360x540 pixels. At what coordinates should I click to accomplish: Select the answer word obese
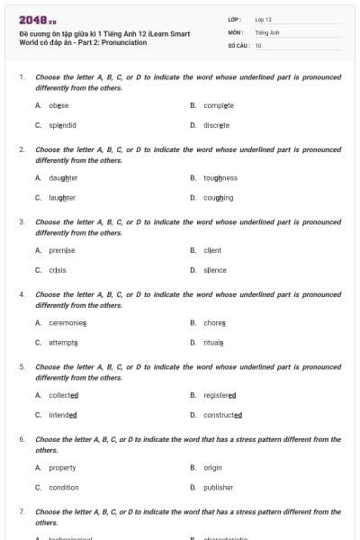click(59, 105)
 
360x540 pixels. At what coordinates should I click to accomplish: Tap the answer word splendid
click(62, 125)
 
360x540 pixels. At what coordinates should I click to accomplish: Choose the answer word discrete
click(216, 125)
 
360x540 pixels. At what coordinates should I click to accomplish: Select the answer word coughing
click(218, 198)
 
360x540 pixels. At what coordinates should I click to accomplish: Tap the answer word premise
click(62, 250)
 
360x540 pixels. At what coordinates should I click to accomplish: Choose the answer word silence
click(215, 270)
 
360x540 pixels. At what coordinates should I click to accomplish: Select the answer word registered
click(220, 395)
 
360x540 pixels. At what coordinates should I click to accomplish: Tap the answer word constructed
click(222, 415)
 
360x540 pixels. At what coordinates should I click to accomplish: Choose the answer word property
click(62, 468)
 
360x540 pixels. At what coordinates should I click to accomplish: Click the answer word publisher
click(218, 488)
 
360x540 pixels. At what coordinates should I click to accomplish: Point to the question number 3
click(22, 221)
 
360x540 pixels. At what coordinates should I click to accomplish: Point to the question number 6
click(22, 439)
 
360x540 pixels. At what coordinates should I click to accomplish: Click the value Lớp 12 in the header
click(263, 19)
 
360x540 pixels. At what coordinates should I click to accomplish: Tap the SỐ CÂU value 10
click(258, 44)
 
